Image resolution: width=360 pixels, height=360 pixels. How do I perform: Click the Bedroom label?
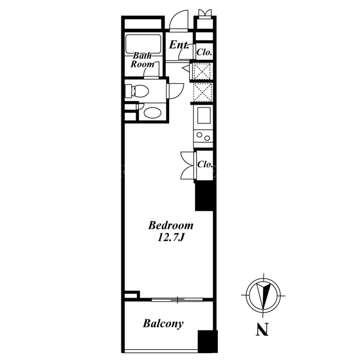[x=171, y=225]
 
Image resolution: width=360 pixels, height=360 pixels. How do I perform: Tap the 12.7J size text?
[x=171, y=238]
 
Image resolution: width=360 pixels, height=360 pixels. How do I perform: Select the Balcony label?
[x=163, y=324]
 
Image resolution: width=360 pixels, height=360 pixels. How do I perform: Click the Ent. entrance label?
[x=179, y=45]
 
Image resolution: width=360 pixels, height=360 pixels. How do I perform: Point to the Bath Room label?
[x=142, y=60]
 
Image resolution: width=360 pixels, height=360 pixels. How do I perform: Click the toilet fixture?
[x=137, y=91]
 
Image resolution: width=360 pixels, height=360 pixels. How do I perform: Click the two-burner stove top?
[x=203, y=136]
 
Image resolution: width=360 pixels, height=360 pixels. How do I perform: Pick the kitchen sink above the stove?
[x=204, y=116]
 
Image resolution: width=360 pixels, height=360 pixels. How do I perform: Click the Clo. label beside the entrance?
[x=204, y=52]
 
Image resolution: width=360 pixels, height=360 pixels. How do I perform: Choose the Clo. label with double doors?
[x=205, y=164]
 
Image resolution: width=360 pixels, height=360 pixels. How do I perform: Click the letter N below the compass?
[x=262, y=330]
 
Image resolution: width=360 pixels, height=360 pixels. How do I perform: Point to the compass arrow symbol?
[x=263, y=295]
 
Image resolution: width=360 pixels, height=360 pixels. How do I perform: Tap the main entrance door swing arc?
[x=179, y=20]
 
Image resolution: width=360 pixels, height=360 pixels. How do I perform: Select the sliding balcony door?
[x=177, y=299]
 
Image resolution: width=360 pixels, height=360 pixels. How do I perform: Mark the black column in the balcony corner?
[x=207, y=341]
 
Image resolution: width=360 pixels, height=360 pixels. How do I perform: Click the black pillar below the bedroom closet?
[x=204, y=197]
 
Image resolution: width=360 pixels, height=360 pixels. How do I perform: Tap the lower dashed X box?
[x=202, y=92]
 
